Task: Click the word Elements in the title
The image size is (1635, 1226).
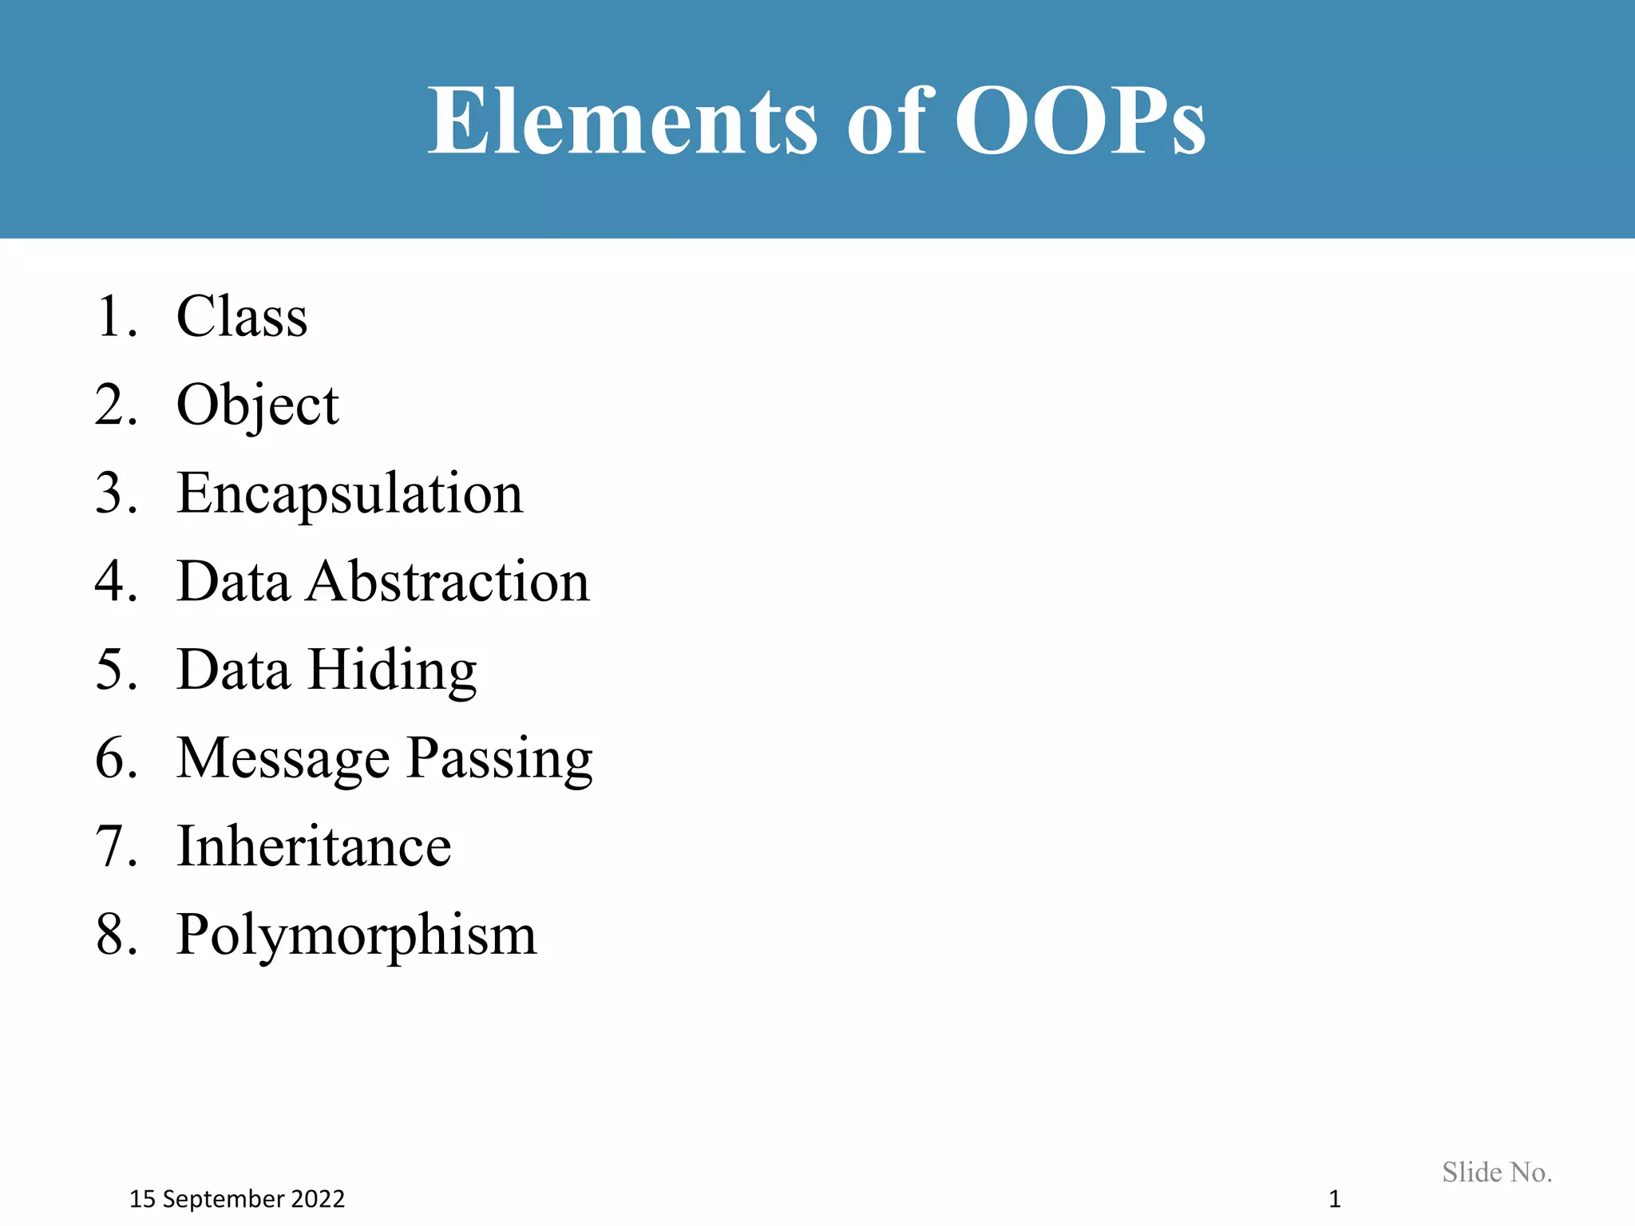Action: pos(623,121)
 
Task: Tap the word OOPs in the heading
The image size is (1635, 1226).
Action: pos(1079,121)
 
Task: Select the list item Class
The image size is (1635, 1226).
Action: pos(242,317)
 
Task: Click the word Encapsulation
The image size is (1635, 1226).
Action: pos(350,494)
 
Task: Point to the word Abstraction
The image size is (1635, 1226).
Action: pos(449,581)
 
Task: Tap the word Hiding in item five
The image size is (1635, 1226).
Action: pos(392,671)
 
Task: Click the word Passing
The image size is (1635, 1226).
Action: pos(500,759)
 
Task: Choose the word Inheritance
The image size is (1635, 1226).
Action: pos(314,846)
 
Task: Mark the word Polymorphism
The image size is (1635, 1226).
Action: pos(356,935)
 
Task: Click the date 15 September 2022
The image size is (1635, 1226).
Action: pos(237,1199)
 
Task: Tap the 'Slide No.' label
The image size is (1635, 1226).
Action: pos(1497,1172)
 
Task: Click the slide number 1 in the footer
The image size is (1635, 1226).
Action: pos(1334,1199)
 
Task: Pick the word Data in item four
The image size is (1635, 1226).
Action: pos(233,581)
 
